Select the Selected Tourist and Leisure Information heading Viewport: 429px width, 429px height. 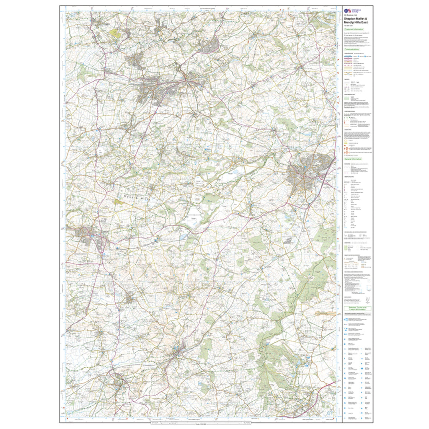(x=355, y=308)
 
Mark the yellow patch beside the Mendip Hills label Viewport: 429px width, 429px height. (x=119, y=202)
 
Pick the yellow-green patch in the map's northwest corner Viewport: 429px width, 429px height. (x=114, y=32)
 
